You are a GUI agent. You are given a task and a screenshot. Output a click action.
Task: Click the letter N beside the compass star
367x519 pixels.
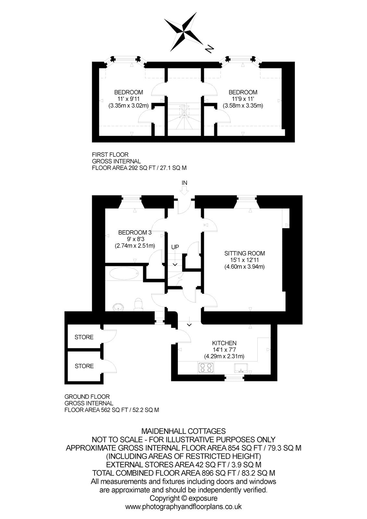click(x=209, y=49)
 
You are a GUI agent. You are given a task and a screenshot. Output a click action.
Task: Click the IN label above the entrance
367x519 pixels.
click(x=184, y=183)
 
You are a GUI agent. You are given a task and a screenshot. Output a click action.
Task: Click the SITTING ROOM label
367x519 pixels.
click(x=244, y=253)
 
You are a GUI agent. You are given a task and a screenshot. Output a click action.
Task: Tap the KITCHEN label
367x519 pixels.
click(x=224, y=343)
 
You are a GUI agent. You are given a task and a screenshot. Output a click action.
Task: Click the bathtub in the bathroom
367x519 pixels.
click(x=124, y=274)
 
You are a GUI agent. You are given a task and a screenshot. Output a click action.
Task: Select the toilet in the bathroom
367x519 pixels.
click(x=138, y=304)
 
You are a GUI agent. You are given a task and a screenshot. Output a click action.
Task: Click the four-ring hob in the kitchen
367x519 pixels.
click(x=206, y=368)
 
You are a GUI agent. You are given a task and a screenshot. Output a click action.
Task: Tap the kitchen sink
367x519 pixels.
click(x=241, y=368)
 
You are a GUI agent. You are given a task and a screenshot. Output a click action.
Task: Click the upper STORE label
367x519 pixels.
click(x=84, y=337)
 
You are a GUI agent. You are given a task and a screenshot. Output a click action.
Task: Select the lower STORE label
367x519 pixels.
click(x=84, y=366)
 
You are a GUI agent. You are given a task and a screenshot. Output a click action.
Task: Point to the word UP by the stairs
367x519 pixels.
click(x=175, y=247)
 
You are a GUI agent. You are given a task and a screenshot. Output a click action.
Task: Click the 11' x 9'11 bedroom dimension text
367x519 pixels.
click(x=129, y=99)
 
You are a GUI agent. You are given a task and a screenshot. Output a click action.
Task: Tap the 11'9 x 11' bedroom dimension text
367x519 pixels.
click(x=243, y=99)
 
